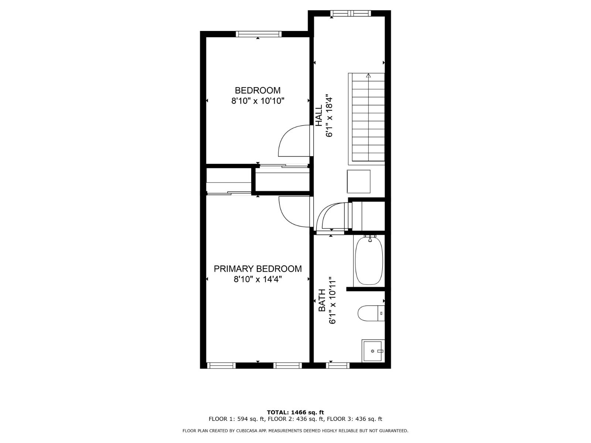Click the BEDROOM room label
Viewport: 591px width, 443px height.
pos(257,90)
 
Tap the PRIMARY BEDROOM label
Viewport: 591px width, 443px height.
pos(257,269)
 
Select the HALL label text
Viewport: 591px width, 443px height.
pos(319,115)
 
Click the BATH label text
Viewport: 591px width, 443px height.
pos(322,300)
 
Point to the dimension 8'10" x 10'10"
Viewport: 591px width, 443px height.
pos(257,101)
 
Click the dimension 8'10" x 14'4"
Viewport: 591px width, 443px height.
pos(257,279)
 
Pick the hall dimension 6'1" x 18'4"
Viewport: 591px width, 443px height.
pos(329,115)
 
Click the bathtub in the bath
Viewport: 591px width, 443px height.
pos(369,260)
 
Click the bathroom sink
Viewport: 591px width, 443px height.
pos(373,351)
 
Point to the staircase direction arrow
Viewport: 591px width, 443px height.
pos(368,76)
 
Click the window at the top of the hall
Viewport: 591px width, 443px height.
pos(351,14)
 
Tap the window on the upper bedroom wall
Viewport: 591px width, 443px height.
pos(259,34)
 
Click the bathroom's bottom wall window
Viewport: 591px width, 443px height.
pos(338,365)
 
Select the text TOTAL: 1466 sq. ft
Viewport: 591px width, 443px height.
pos(295,412)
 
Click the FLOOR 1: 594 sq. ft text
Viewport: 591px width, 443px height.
pos(237,419)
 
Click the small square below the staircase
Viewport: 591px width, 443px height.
pos(358,181)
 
